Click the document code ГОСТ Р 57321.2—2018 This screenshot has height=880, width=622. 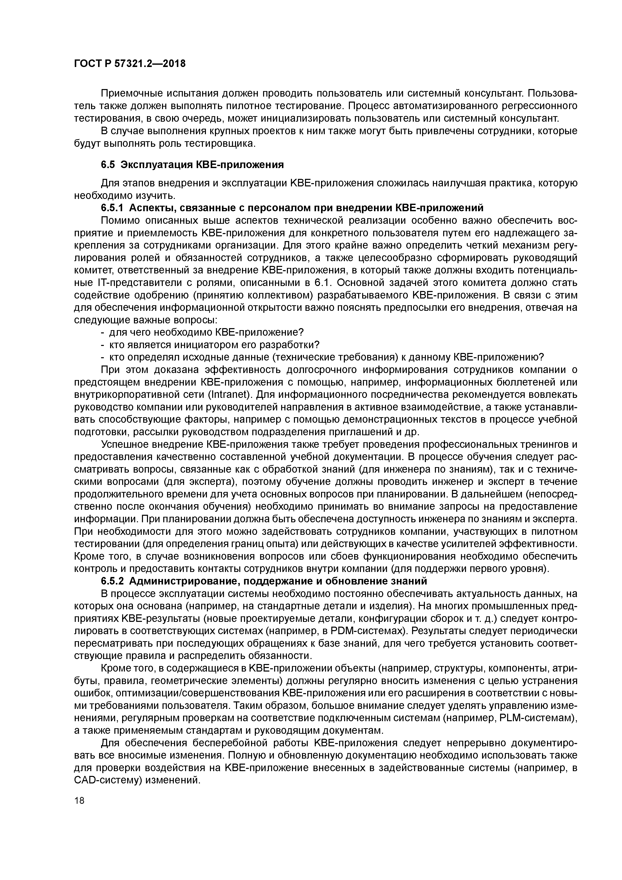pos(129,63)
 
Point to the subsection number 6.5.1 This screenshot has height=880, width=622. pos(113,208)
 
